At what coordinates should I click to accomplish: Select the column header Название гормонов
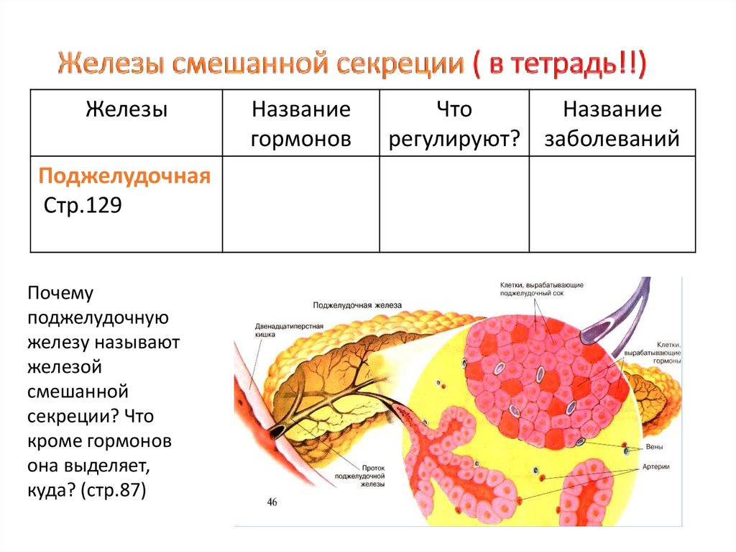pyautogui.click(x=300, y=124)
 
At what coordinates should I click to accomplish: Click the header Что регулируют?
pyautogui.click(x=454, y=124)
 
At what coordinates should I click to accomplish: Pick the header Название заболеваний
pyautogui.click(x=612, y=124)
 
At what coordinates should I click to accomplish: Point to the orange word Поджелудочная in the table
pyautogui.click(x=124, y=177)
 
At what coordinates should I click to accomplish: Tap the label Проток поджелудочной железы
pyautogui.click(x=362, y=475)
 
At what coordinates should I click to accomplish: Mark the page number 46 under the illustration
pyautogui.click(x=272, y=502)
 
